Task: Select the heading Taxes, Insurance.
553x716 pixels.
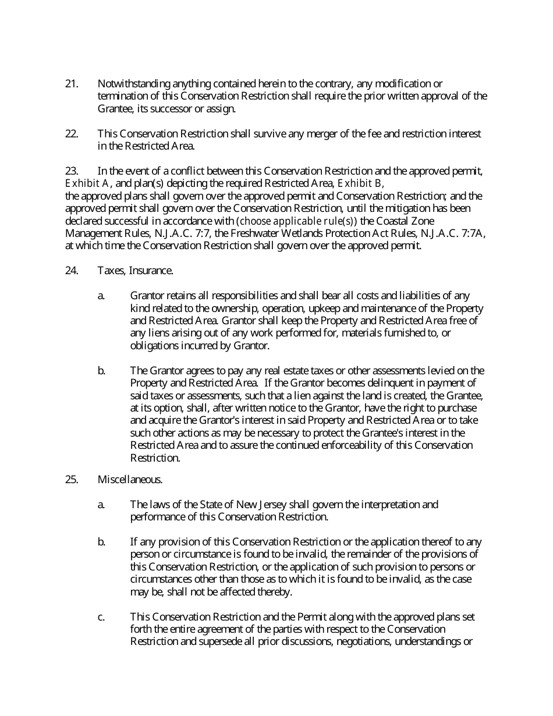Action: pyautogui.click(x=135, y=271)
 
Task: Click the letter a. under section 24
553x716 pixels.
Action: pyautogui.click(x=101, y=296)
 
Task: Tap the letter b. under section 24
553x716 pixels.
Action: pyautogui.click(x=101, y=371)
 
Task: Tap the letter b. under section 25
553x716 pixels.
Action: pyautogui.click(x=101, y=542)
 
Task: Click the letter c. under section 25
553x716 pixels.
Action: pyautogui.click(x=101, y=617)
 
